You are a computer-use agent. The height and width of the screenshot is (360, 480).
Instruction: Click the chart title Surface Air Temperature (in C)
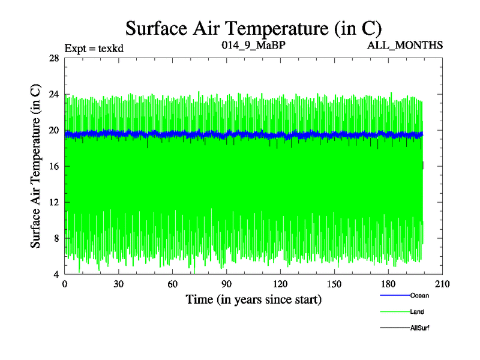[253, 28]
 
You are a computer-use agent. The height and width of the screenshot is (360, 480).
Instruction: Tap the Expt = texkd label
[94, 49]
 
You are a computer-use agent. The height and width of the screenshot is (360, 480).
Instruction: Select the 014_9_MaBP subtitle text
[248, 45]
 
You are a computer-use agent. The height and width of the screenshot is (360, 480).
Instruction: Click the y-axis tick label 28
[53, 58]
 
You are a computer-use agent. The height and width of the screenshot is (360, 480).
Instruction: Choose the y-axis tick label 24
[53, 94]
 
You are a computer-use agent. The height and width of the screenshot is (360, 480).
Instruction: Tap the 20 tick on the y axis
[53, 130]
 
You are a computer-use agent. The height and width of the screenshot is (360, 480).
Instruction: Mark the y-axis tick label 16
[53, 166]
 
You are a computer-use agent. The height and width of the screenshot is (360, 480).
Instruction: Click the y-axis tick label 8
[56, 238]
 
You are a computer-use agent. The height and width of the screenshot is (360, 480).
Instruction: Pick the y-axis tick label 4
[56, 274]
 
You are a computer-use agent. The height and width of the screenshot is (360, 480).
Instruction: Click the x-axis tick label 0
[65, 284]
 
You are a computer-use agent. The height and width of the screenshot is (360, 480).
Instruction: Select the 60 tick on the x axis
[173, 284]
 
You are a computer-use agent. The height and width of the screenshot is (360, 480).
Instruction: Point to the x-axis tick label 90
[227, 284]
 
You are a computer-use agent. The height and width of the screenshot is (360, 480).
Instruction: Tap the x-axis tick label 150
[335, 284]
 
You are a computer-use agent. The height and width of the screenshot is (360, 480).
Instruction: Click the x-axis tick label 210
[443, 284]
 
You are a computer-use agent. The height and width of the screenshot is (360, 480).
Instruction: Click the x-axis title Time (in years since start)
[253, 299]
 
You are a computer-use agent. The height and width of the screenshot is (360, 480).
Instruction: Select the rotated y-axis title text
[36, 166]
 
